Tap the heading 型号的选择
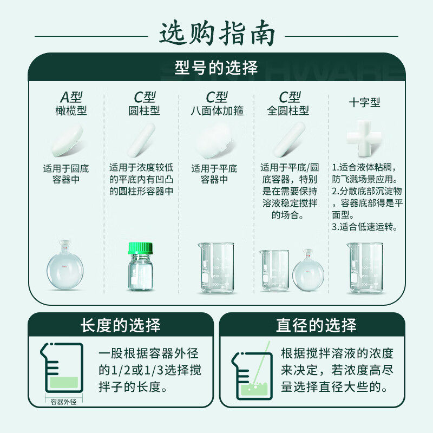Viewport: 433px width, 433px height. pyautogui.click(x=216, y=68)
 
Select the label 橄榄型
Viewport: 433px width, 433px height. pyautogui.click(x=70, y=111)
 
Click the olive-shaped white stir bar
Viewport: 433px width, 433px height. pyautogui.click(x=68, y=141)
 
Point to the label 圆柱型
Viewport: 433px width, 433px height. pyautogui.click(x=144, y=111)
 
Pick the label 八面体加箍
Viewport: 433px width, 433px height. pyautogui.click(x=217, y=111)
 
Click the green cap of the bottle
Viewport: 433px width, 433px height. pyautogui.click(x=141, y=248)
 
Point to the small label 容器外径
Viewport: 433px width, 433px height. pyautogui.click(x=64, y=402)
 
